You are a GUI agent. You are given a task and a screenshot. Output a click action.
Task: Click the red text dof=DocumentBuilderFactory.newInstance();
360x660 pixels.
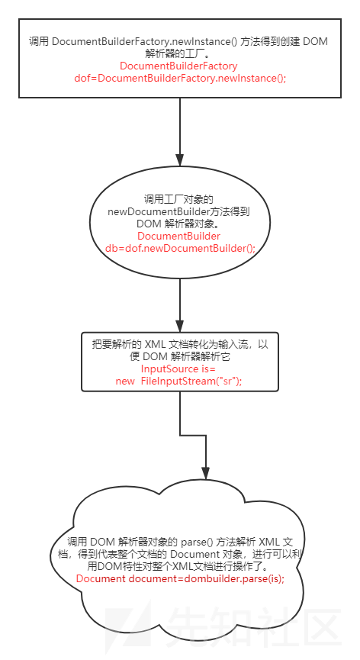tap(180, 79)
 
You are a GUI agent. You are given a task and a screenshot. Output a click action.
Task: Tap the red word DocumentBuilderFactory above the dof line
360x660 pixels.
tap(178, 66)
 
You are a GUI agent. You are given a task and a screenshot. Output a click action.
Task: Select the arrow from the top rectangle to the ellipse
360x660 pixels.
tap(180, 132)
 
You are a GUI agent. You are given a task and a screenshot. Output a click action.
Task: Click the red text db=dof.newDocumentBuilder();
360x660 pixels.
tap(180, 248)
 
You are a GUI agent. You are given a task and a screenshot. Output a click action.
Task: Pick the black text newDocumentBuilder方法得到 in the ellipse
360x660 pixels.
tap(178, 211)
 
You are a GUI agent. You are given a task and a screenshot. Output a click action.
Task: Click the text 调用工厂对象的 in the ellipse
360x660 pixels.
tap(179, 199)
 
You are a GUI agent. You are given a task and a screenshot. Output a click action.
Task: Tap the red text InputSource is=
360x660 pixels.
tap(178, 369)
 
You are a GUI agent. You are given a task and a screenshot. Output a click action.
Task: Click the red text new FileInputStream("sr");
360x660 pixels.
tap(179, 381)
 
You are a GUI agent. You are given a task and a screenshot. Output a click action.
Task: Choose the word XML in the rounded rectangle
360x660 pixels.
tap(155, 344)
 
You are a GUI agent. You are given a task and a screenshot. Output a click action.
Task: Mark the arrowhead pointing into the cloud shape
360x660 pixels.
tap(205, 474)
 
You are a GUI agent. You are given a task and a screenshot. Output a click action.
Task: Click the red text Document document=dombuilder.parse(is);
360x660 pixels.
tap(181, 578)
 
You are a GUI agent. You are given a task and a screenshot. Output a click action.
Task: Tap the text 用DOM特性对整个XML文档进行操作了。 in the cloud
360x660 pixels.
tap(181, 566)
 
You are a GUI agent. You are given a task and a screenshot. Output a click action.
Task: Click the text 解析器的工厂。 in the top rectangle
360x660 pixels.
tap(179, 54)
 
